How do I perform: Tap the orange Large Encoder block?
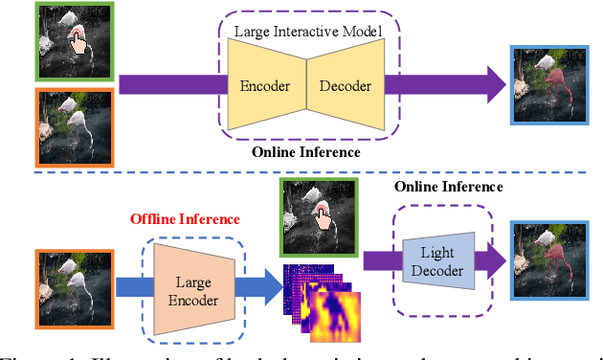pyautogui.click(x=194, y=284)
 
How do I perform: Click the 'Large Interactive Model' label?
pyautogui.click(x=308, y=34)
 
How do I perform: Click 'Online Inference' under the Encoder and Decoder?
pyautogui.click(x=305, y=151)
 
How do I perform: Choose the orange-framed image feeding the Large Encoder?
pyautogui.click(x=74, y=284)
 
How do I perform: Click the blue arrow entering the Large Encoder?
pyautogui.click(x=129, y=283)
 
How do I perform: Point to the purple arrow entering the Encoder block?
pyautogui.click(x=172, y=84)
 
